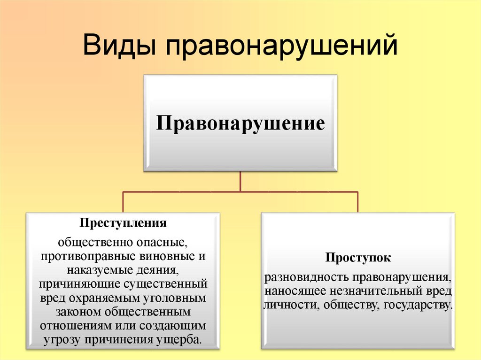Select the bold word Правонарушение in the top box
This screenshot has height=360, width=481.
point(240,123)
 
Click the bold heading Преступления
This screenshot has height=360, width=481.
point(123,223)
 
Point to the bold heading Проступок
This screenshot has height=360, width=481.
point(358,258)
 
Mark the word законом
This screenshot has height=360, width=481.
point(78,312)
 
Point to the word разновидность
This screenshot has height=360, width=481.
point(307,277)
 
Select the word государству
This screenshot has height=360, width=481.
point(418,305)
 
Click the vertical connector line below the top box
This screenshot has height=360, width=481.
point(240,182)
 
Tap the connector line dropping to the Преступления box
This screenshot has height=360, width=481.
point(123,202)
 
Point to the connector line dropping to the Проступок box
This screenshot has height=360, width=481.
point(357,202)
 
